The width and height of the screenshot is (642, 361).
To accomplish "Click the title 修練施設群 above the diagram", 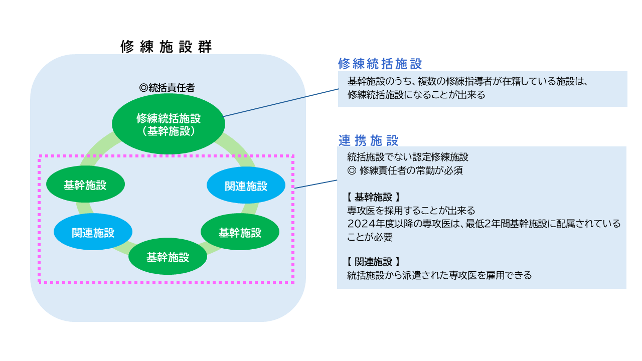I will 166,47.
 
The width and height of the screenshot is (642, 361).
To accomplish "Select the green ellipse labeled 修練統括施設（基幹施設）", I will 168,124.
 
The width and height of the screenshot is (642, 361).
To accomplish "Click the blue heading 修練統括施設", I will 380,64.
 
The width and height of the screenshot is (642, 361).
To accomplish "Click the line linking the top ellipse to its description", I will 281,103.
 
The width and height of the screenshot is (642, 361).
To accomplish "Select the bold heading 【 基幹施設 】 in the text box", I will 373,197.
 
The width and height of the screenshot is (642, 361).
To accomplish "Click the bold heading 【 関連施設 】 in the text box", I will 373,262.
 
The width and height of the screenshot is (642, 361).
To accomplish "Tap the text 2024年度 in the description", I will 371,223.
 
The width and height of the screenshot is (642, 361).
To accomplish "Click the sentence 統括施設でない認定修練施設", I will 408,157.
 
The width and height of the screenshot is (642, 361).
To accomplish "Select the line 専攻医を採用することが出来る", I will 411,210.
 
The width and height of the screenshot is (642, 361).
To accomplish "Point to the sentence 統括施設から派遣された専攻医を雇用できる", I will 439,275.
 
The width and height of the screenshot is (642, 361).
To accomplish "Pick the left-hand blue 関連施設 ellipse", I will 93,233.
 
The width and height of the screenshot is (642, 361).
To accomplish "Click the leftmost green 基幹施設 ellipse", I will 85,185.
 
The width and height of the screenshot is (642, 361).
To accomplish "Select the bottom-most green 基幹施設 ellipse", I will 168,257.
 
